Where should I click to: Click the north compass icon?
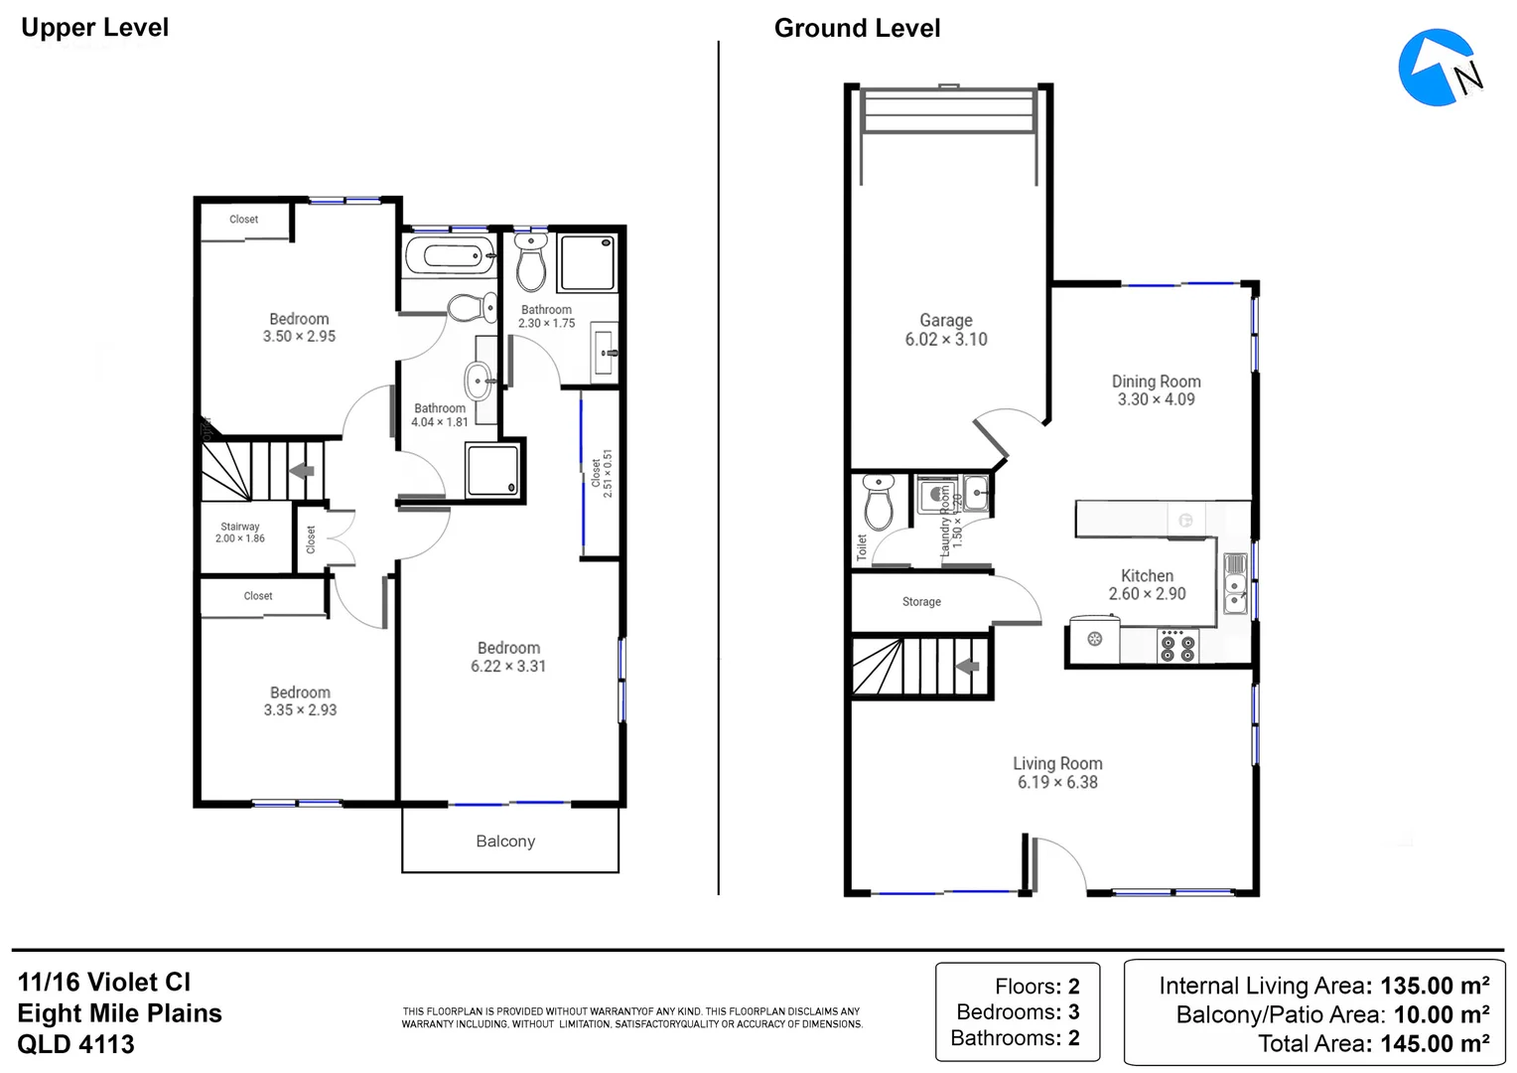pyautogui.click(x=1440, y=68)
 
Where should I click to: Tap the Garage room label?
pyautogui.click(x=945, y=320)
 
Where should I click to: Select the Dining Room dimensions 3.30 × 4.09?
pyautogui.click(x=1156, y=399)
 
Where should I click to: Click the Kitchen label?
pyautogui.click(x=1147, y=575)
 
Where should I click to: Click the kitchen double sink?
pyautogui.click(x=1235, y=584)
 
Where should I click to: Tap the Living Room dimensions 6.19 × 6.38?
pyautogui.click(x=1057, y=782)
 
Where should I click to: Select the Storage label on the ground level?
pyautogui.click(x=921, y=602)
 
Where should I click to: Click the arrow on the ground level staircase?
pyautogui.click(x=968, y=667)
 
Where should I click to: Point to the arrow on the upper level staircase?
pyautogui.click(x=302, y=471)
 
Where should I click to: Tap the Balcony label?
pyautogui.click(x=505, y=842)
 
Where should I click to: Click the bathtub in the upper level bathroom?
pyautogui.click(x=452, y=256)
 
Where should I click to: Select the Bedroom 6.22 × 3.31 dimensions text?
pyautogui.click(x=508, y=667)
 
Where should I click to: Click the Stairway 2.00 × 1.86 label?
pyautogui.click(x=240, y=533)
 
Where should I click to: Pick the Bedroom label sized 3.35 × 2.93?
pyautogui.click(x=300, y=692)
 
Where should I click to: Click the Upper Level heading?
pyautogui.click(x=95, y=28)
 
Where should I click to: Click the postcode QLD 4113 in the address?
pyautogui.click(x=76, y=1044)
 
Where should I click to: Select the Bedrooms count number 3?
pyautogui.click(x=1073, y=1012)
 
